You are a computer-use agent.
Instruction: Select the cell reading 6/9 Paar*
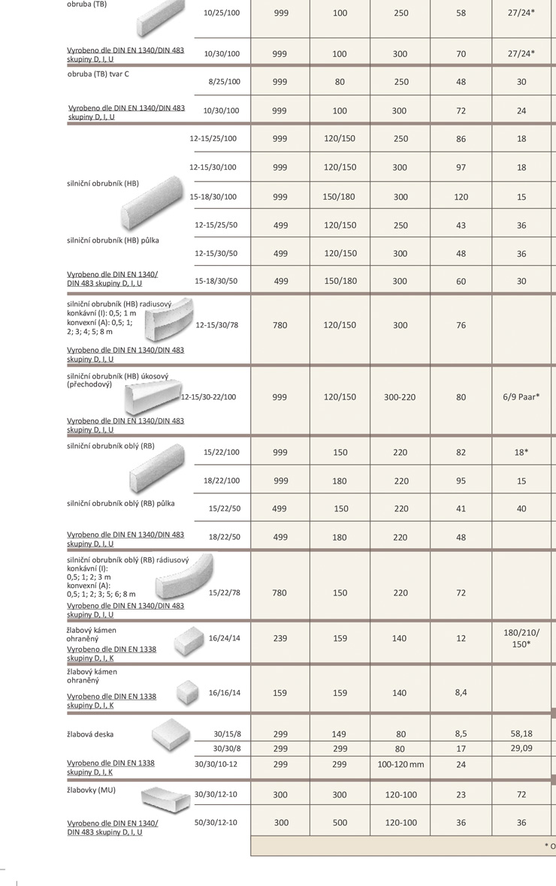pyautogui.click(x=521, y=396)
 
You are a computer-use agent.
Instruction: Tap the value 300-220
pyautogui.click(x=400, y=396)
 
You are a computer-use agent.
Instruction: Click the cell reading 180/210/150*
pyautogui.click(x=521, y=638)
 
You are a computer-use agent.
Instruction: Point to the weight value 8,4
pyautogui.click(x=461, y=692)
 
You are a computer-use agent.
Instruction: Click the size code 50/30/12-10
pyautogui.click(x=216, y=822)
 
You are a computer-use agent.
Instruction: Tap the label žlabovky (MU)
pyautogui.click(x=92, y=791)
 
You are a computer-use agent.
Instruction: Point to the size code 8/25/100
pyautogui.click(x=223, y=81)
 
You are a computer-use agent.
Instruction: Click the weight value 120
pyautogui.click(x=461, y=197)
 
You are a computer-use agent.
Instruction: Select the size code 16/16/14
pyautogui.click(x=223, y=692)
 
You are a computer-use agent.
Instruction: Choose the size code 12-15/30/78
pyautogui.click(x=218, y=325)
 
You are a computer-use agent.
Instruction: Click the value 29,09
pyautogui.click(x=521, y=749)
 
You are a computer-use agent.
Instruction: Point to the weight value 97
pyautogui.click(x=461, y=167)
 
